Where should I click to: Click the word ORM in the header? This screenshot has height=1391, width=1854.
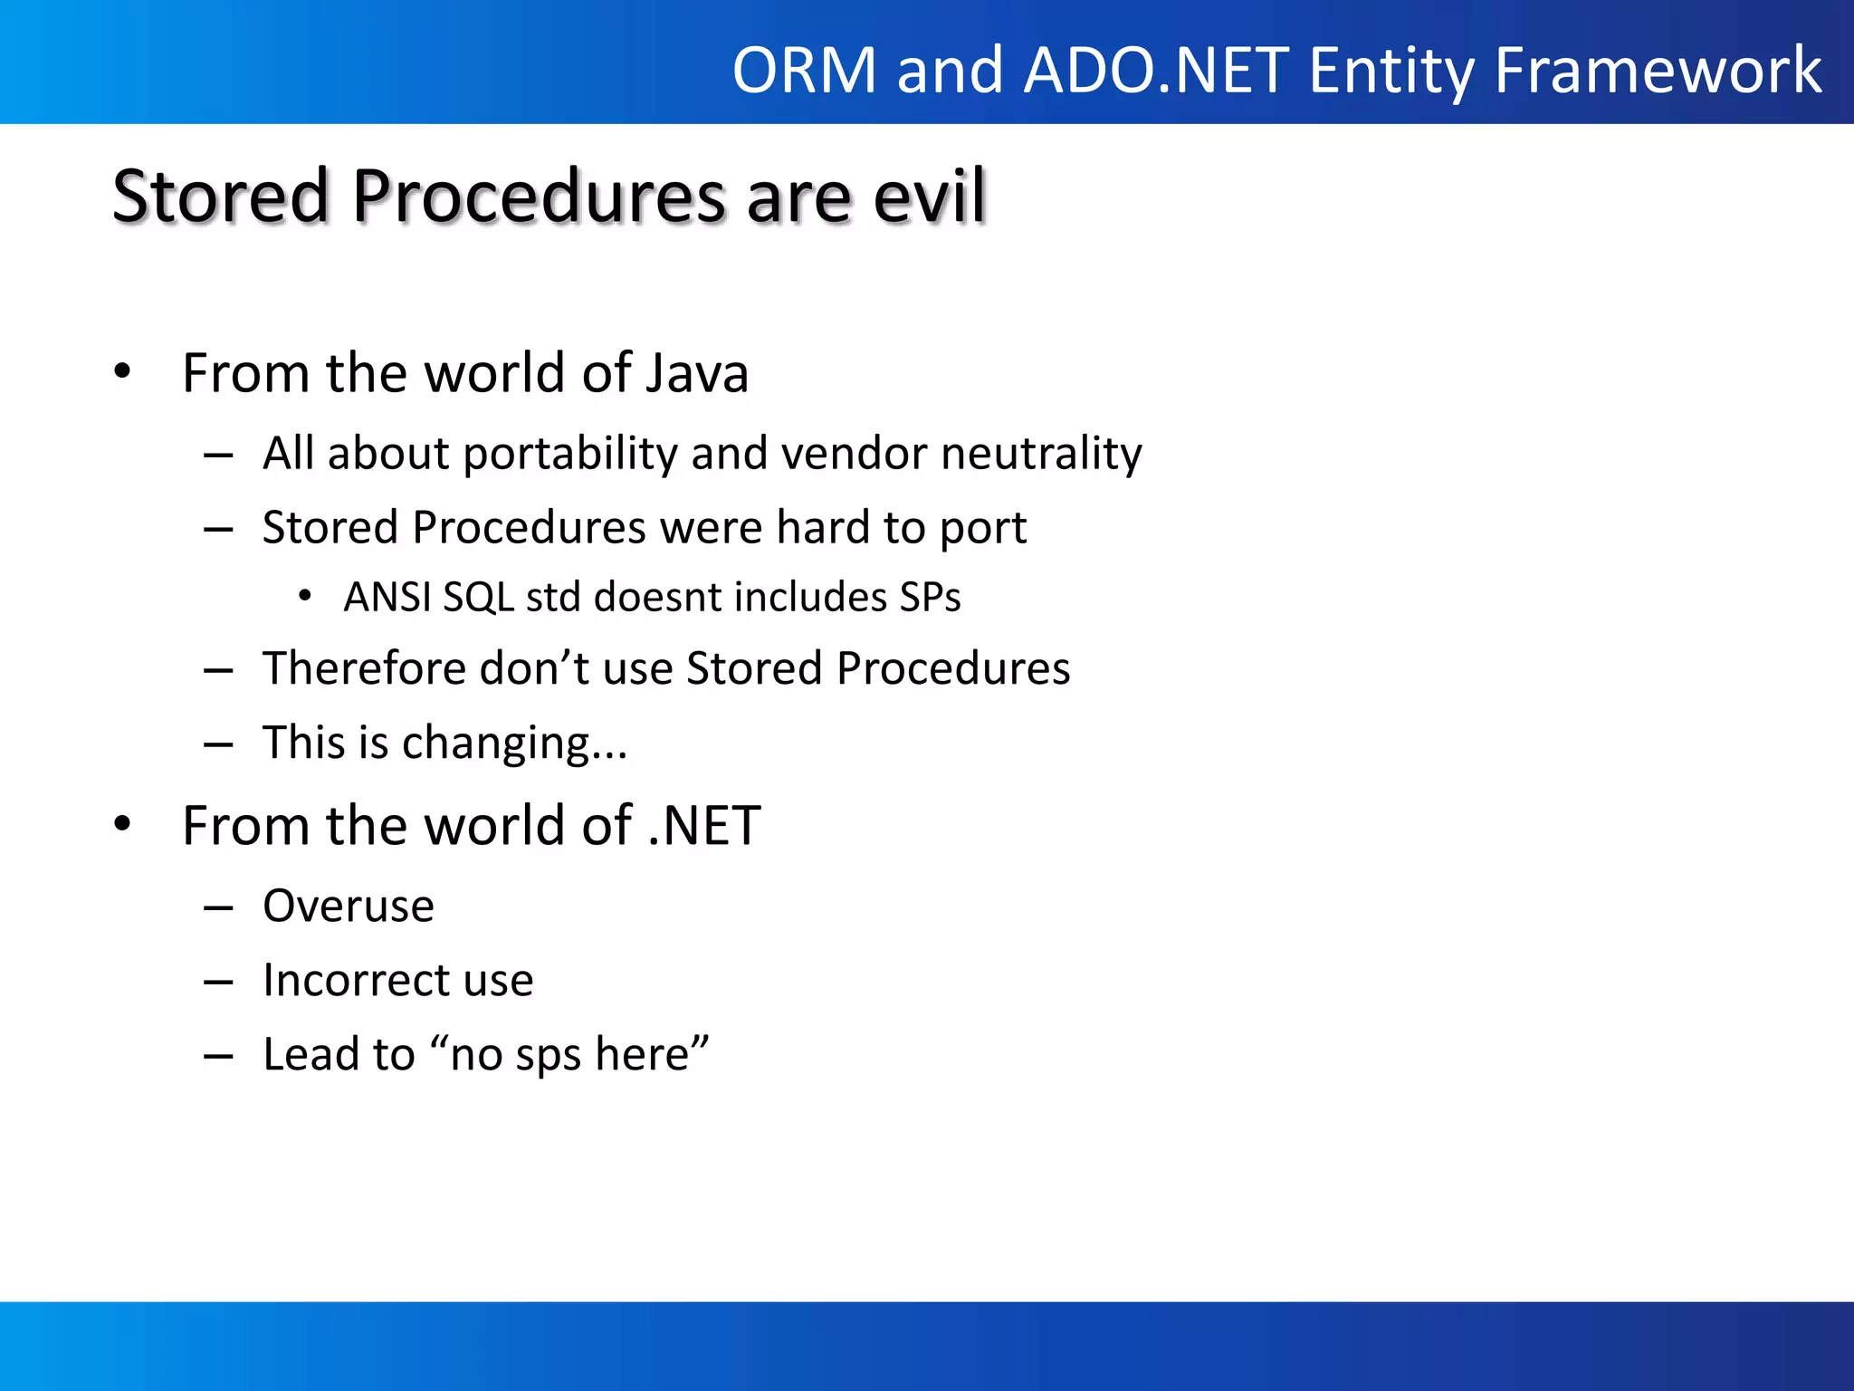coord(804,71)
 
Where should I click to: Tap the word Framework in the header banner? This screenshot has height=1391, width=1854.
coord(1658,71)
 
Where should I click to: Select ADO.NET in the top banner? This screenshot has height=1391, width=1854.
coord(1156,71)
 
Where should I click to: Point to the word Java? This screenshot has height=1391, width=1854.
coord(696,373)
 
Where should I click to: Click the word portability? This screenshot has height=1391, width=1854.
coord(569,454)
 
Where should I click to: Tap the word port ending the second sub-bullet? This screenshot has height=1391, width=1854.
coord(982,529)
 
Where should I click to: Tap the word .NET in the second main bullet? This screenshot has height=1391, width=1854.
coord(704,826)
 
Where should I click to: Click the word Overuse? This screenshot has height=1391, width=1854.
coord(349,907)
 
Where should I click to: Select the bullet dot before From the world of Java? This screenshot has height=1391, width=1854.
coord(123,371)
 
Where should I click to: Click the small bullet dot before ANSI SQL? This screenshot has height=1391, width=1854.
coord(305,596)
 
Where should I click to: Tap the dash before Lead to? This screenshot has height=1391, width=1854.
coord(218,1056)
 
